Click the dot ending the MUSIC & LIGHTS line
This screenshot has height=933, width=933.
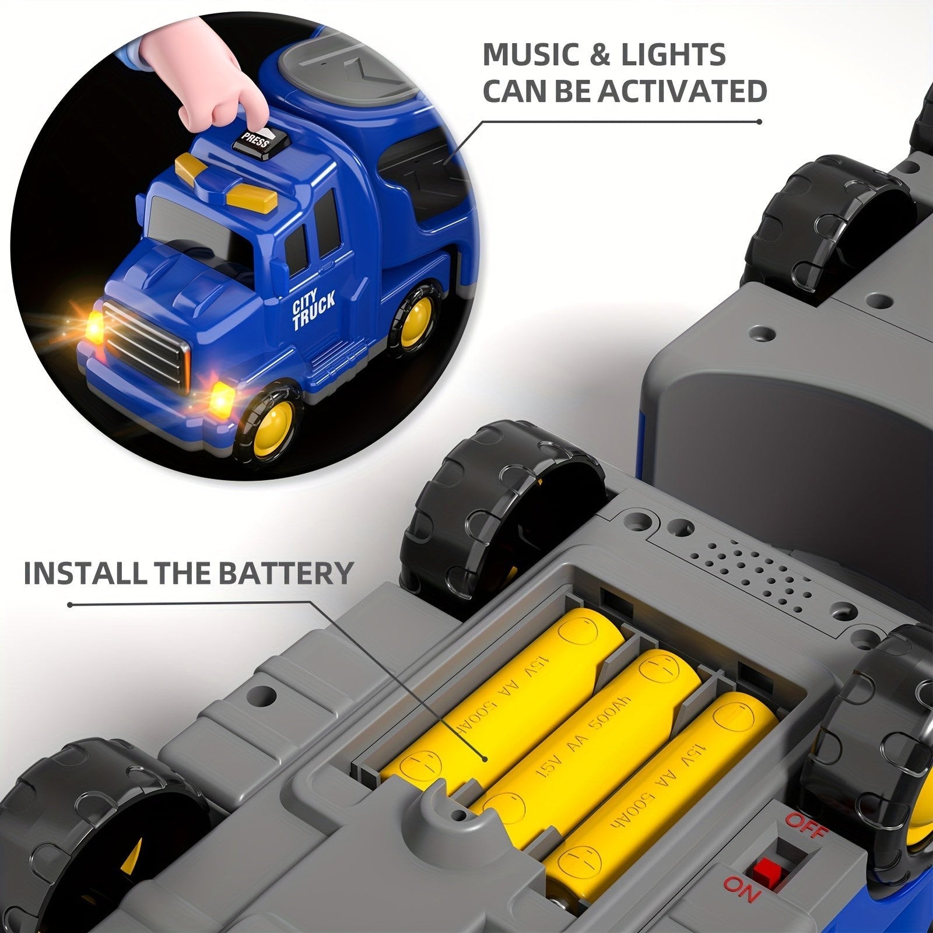[759, 122]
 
